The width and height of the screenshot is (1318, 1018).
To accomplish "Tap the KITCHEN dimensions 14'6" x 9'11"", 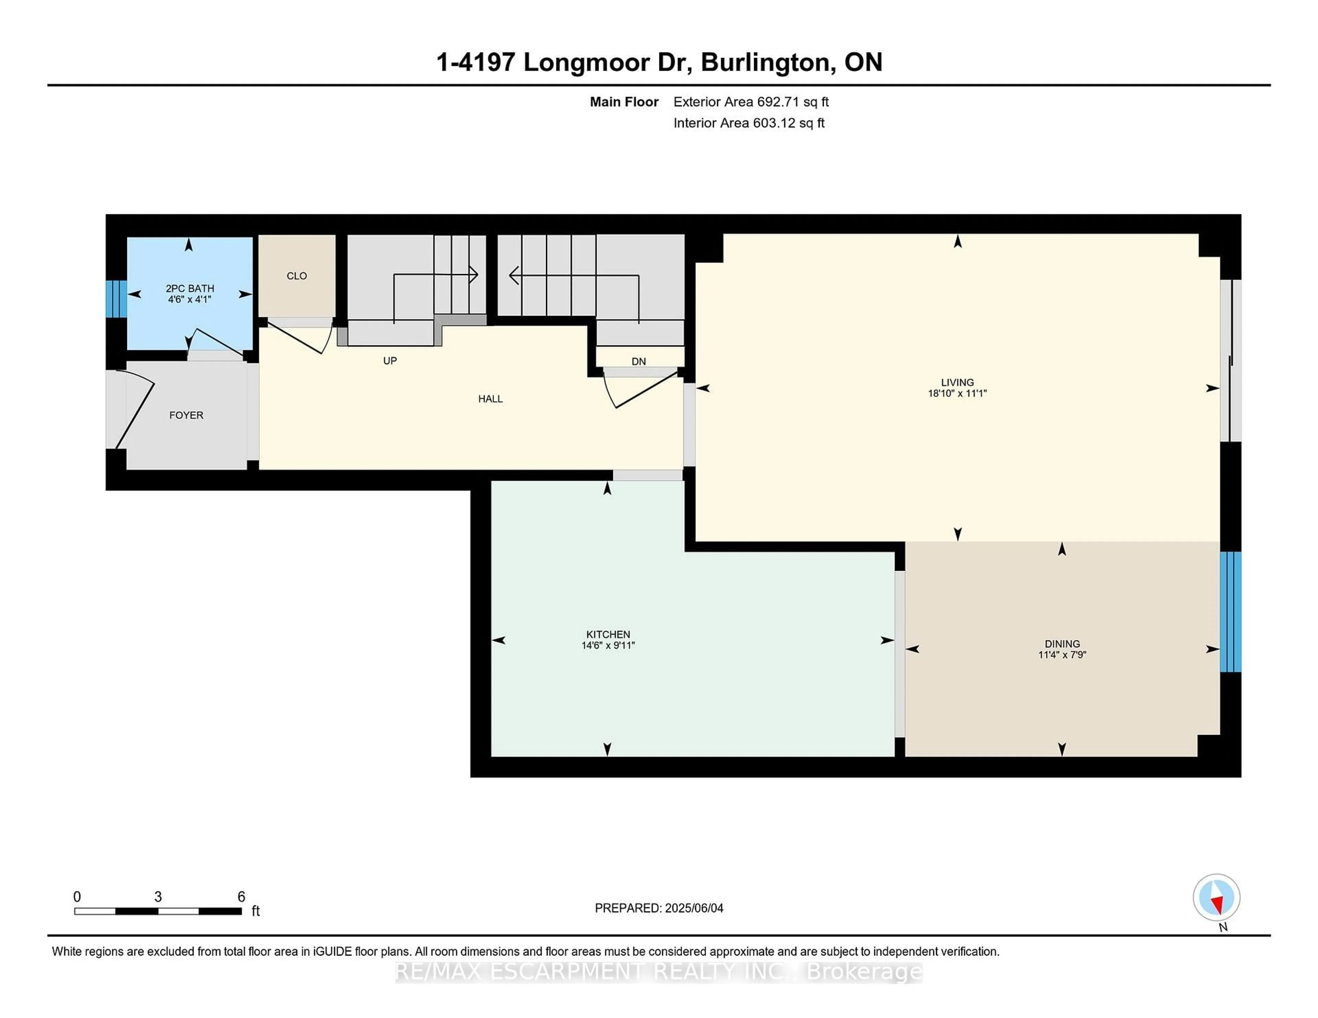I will click(608, 645).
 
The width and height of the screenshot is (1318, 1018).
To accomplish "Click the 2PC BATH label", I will click(189, 288).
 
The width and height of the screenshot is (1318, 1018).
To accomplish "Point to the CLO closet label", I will click(296, 276).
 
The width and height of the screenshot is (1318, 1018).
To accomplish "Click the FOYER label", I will click(186, 415).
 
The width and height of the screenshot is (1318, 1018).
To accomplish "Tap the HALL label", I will click(490, 399).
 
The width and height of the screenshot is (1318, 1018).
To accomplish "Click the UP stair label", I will click(390, 360).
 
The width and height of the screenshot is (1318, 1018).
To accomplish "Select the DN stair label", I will click(638, 361).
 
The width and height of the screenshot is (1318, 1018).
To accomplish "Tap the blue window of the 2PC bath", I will click(116, 298).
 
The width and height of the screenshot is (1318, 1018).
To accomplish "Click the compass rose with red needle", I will click(1216, 897).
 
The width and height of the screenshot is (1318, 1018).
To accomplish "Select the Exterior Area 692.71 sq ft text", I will click(751, 102).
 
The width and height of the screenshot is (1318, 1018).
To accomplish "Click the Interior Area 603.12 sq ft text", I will click(748, 123).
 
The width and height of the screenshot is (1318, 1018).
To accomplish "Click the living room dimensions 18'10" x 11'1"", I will click(957, 393).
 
